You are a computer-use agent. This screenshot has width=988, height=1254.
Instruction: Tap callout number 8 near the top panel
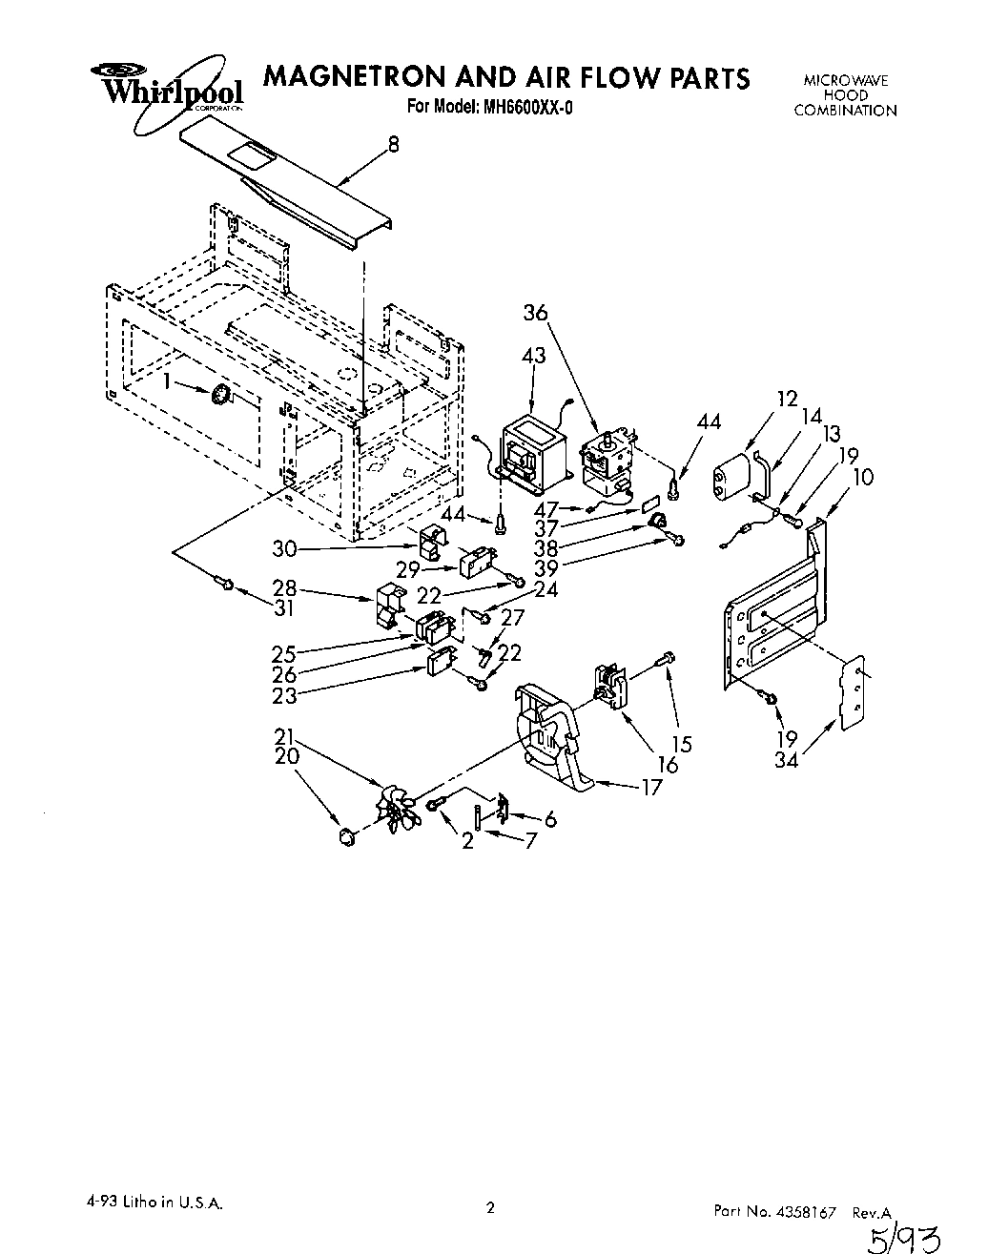coord(393,146)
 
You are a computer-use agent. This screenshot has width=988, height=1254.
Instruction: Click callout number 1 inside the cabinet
coord(168,381)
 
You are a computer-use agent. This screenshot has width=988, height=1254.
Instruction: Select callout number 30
coord(284,549)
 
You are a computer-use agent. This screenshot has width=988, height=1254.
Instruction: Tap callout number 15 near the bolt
coord(682,745)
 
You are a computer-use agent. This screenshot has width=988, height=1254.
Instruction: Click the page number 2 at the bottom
coord(490,1206)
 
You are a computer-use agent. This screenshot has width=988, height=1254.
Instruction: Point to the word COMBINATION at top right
coord(845,111)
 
